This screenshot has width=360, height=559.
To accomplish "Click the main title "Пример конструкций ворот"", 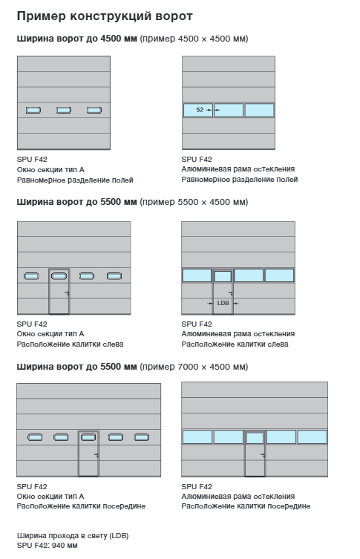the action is [x=105, y=16].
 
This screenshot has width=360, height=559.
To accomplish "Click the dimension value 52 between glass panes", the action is [x=200, y=110].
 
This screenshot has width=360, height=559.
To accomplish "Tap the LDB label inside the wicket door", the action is [x=223, y=303].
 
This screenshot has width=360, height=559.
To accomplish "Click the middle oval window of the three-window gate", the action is [x=64, y=110].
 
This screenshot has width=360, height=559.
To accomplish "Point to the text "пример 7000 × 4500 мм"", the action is [x=194, y=367].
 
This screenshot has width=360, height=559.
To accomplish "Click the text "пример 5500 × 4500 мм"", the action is [x=194, y=202].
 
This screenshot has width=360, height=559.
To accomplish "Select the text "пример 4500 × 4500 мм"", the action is [x=194, y=39].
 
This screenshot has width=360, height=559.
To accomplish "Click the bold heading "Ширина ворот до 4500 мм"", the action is [x=77, y=39].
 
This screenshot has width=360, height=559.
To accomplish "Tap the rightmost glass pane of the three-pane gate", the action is [x=260, y=110].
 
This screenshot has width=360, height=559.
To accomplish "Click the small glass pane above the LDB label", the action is [x=223, y=276].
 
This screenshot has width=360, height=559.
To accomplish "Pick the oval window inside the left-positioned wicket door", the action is [x=59, y=276].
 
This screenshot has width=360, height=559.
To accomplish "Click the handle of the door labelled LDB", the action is [x=231, y=293].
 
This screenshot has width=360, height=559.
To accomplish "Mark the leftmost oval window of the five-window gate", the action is [x=35, y=437].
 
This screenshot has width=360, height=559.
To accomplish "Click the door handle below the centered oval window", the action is [x=96, y=455].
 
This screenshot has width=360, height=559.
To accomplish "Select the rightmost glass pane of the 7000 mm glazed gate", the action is [x=312, y=437].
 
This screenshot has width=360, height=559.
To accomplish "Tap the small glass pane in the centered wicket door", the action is [x=255, y=438].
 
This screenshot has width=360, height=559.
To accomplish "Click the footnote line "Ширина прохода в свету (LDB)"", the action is [x=73, y=535].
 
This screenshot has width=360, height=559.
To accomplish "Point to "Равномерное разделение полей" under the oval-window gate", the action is [x=75, y=180].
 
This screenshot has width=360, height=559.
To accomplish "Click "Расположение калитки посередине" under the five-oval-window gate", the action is [x=81, y=506].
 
